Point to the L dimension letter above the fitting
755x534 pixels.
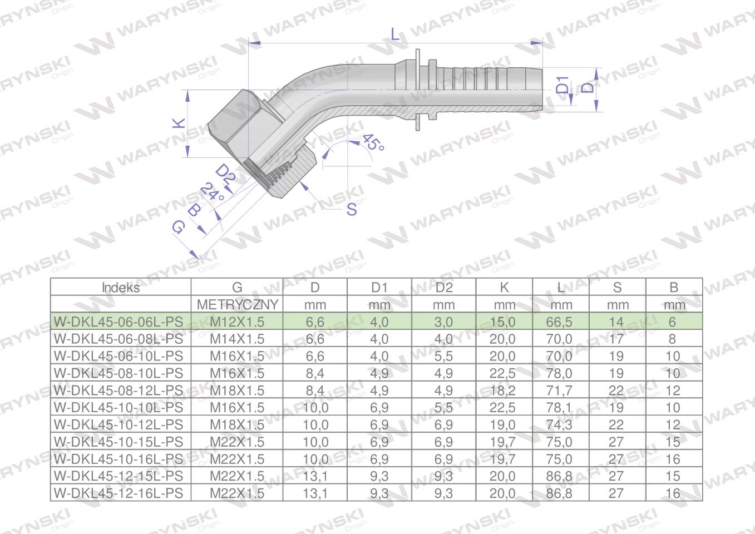(x=396, y=34)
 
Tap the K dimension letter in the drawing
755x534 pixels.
(x=179, y=123)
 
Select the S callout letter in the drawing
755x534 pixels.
(x=352, y=210)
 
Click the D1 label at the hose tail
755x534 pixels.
(x=563, y=85)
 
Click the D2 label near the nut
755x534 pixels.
(x=225, y=174)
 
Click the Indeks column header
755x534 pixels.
(x=121, y=288)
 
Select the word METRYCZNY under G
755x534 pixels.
(x=237, y=305)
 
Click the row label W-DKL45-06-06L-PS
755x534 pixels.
(x=118, y=322)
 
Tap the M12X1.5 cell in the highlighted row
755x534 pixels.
(x=237, y=322)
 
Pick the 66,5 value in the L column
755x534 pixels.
(x=560, y=322)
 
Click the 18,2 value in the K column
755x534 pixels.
(x=503, y=390)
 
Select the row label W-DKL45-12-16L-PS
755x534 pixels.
(x=118, y=493)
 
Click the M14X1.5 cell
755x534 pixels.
(x=237, y=339)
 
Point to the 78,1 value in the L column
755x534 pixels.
(x=560, y=408)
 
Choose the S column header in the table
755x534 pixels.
(x=617, y=288)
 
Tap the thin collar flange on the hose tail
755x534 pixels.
(x=417, y=89)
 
